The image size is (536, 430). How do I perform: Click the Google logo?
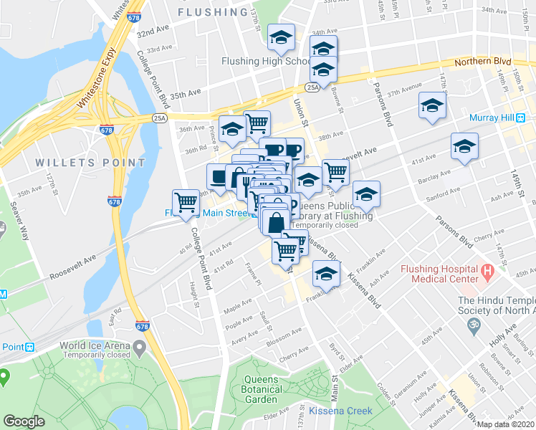point(24,421)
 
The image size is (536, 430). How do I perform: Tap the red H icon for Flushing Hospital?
point(489,272)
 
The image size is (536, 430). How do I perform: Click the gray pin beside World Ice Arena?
point(140,348)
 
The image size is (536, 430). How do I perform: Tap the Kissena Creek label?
point(341,411)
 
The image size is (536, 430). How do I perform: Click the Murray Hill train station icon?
point(521,118)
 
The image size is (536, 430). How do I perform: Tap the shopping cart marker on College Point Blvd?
point(186,202)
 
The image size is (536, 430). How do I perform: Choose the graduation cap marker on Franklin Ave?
point(326,274)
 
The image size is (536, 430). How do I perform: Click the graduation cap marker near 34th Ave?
point(282,37)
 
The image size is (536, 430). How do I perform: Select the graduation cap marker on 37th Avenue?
point(432,105)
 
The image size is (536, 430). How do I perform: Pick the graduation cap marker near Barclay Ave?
point(464,146)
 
